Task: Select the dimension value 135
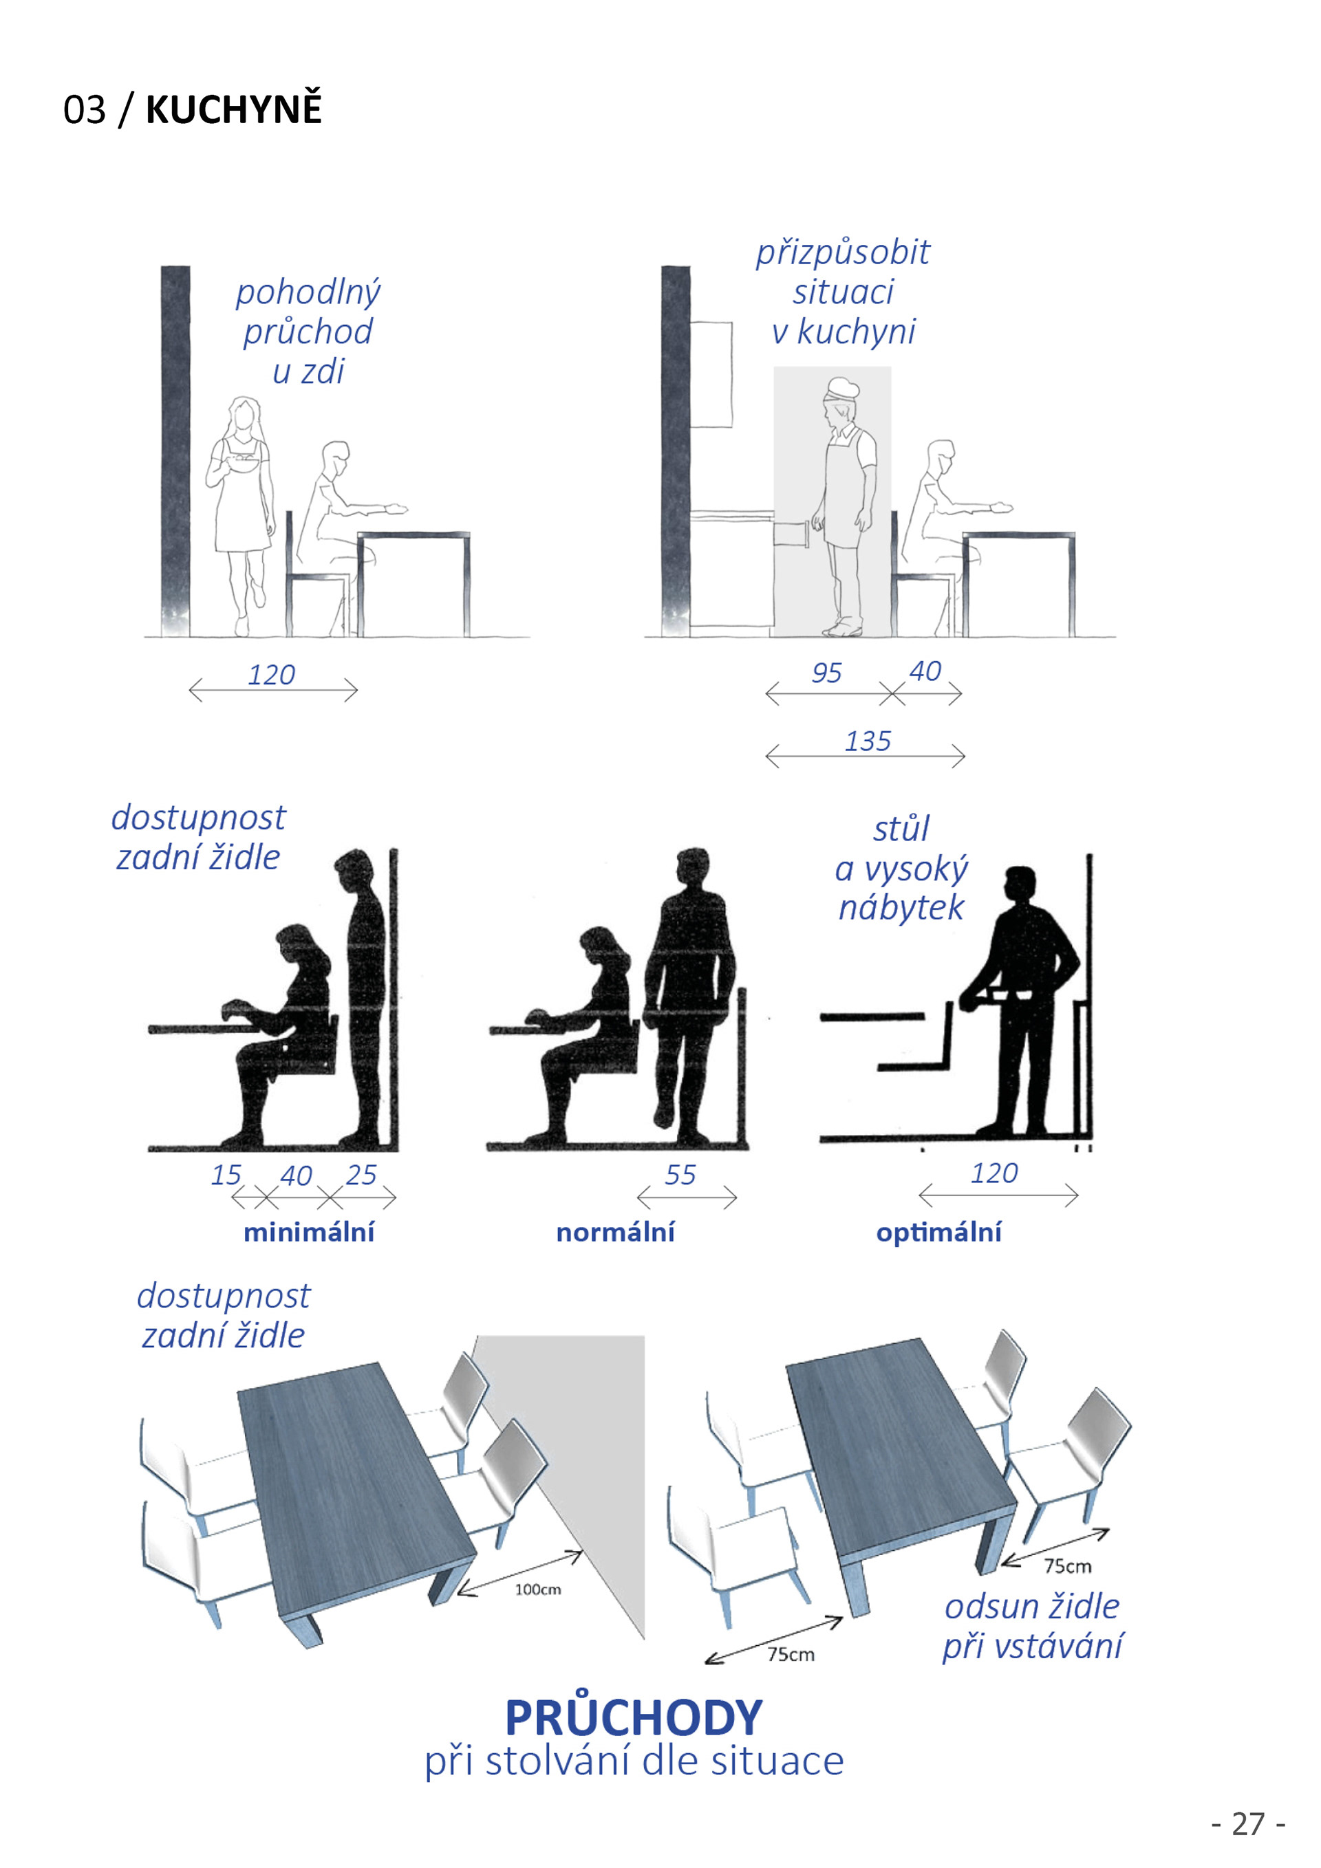tap(868, 741)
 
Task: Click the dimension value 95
tap(826, 673)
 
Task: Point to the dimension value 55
tap(680, 1175)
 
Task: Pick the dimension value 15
tap(226, 1175)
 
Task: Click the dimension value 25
tap(361, 1175)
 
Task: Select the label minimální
tap(310, 1232)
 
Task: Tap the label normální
tap(615, 1232)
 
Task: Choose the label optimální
tap(938, 1232)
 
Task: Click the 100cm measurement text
tap(538, 1589)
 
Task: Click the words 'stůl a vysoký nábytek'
tap(902, 868)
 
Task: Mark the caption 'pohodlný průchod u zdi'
tap(308, 331)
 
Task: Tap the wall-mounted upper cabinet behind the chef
tap(711, 373)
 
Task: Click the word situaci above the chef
tap(844, 291)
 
